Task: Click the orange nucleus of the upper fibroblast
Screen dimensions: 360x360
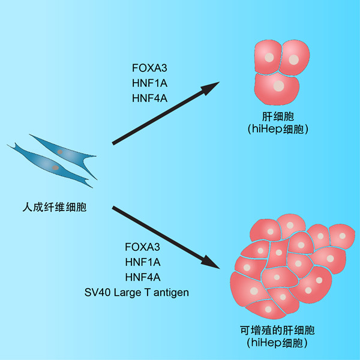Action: (x=61, y=152)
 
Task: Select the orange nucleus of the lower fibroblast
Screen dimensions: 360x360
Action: (x=55, y=169)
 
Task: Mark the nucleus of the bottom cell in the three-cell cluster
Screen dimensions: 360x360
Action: (x=278, y=86)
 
